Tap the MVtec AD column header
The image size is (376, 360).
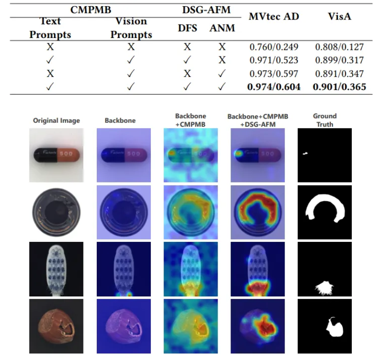pos(275,17)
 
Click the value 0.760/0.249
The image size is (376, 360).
pos(275,47)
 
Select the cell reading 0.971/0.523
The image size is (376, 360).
pos(275,60)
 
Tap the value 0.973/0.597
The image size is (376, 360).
pos(275,74)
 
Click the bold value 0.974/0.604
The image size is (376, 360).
pos(275,87)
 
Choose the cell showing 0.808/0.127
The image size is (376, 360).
pos(339,47)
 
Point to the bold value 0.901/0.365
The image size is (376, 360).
pos(339,87)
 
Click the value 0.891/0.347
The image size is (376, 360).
pos(339,74)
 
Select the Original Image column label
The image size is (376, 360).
pos(56,120)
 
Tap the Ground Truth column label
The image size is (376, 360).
pos(325,120)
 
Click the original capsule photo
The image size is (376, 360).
pos(56,155)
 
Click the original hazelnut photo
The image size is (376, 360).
pos(56,326)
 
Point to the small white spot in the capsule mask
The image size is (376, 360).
pos(306,153)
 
